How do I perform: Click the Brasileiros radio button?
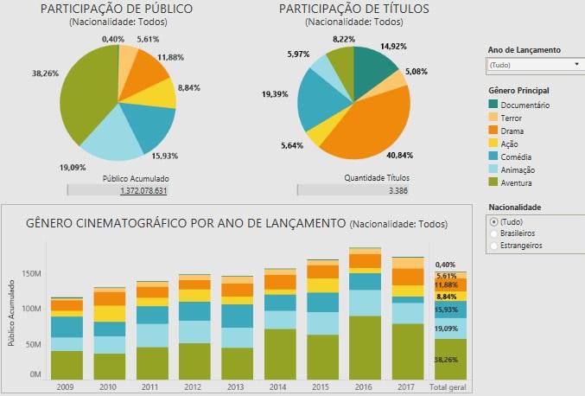(x=493, y=233)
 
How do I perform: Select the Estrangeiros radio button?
(x=493, y=246)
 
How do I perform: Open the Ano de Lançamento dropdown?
(x=535, y=64)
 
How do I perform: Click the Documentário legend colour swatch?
(x=493, y=105)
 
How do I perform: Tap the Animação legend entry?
(x=516, y=169)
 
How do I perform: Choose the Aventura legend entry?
(x=516, y=182)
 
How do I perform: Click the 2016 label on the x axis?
(x=364, y=386)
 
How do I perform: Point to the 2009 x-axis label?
(x=65, y=386)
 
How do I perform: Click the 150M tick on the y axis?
(x=31, y=274)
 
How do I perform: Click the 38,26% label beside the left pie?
(x=45, y=73)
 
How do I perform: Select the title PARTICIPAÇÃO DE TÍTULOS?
(x=354, y=9)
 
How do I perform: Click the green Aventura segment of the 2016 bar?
(x=364, y=346)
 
